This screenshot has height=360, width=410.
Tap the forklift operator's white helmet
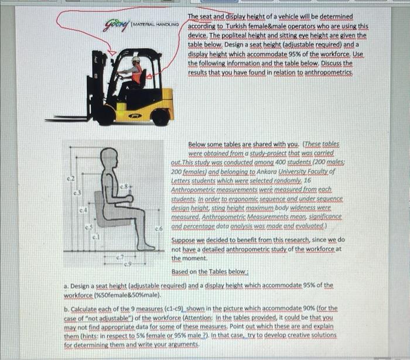136,60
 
